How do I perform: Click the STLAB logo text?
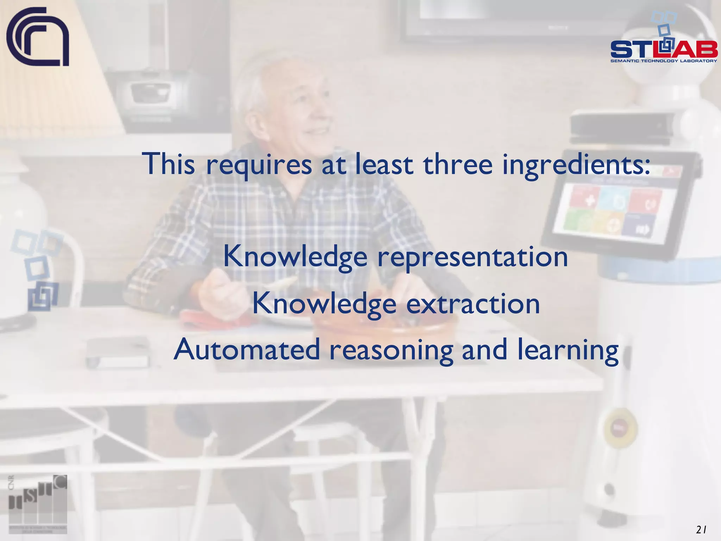[x=664, y=50]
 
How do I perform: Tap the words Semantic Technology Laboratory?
[x=664, y=61]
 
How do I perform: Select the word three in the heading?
[x=458, y=164]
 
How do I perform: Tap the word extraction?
[x=473, y=304]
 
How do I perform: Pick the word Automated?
[x=247, y=349]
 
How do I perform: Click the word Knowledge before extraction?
[x=324, y=304]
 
